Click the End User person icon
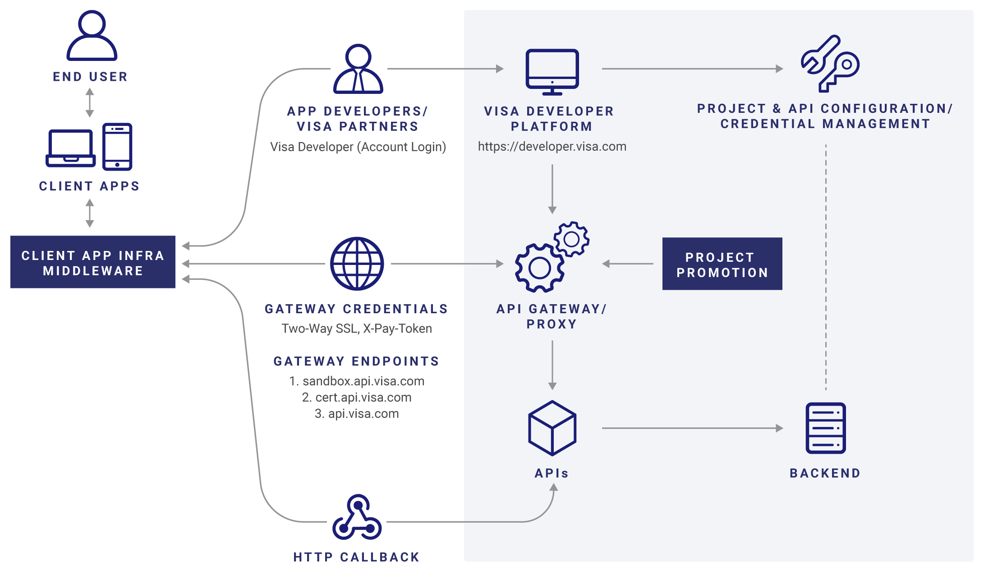pos(92,36)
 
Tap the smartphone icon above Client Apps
pos(117,147)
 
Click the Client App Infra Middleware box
pos(93,262)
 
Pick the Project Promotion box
pos(722,264)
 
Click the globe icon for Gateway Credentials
pos(357,264)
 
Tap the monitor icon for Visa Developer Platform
pos(552,71)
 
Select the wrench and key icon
pos(829,64)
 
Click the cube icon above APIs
pos(552,428)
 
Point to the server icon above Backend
pos(825,428)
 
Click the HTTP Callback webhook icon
pos(357,518)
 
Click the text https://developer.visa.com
pos(552,147)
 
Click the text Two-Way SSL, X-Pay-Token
pos(357,329)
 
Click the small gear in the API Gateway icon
pos(571,239)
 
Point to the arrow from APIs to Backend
pos(692,428)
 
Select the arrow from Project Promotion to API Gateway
pos(628,264)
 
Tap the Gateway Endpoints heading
pos(356,362)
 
